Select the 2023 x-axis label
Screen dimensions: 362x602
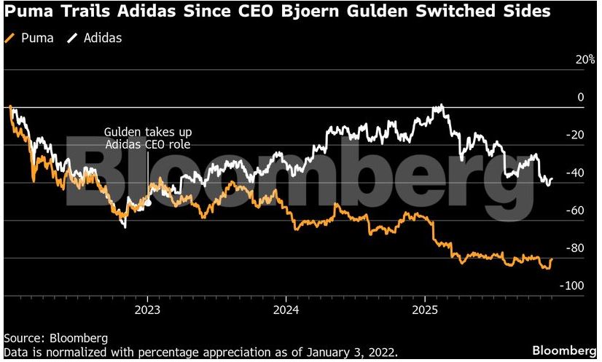pos(148,309)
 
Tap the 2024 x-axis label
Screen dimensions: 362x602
pos(286,309)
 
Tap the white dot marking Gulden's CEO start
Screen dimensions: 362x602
pos(148,203)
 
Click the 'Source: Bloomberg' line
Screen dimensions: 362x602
pos(56,338)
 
